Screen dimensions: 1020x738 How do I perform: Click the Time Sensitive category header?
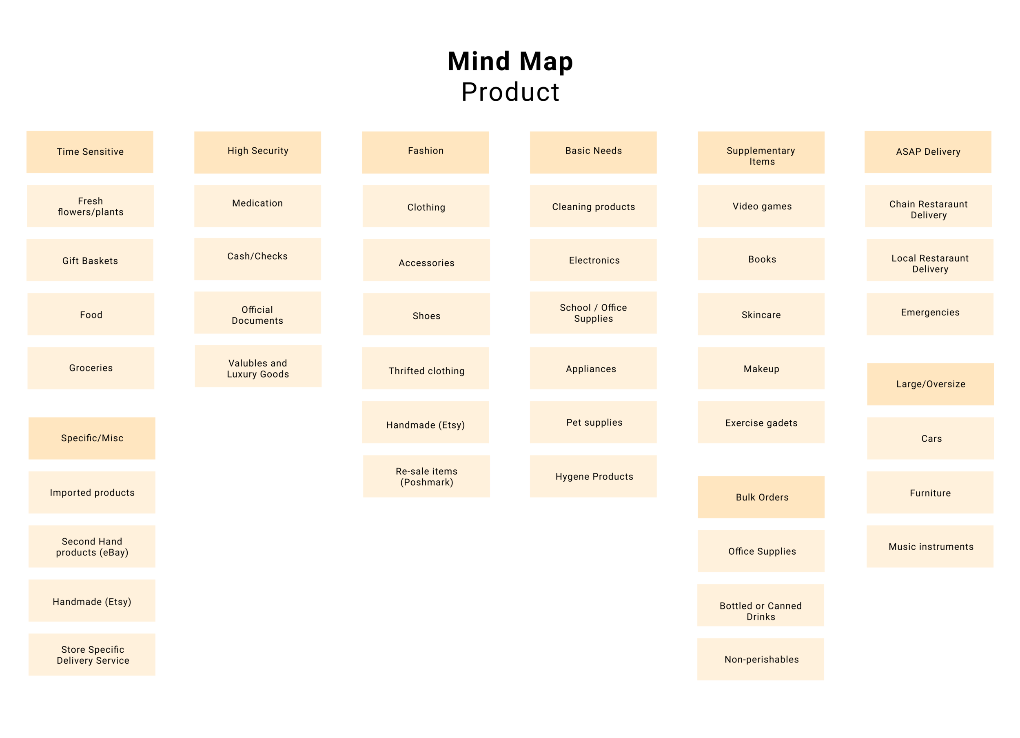[x=89, y=152]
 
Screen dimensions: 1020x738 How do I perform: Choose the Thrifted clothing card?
[x=426, y=368]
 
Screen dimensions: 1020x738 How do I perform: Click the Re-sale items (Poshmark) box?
[x=426, y=476]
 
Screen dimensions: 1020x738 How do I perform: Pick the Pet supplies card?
[x=593, y=422]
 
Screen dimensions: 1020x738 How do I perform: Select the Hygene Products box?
[x=593, y=476]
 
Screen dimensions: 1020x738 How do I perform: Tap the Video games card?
[x=761, y=206]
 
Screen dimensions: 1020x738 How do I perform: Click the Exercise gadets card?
[x=761, y=422]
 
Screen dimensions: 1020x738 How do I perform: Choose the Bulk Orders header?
[x=761, y=497]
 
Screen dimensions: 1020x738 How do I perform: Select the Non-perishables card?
[x=761, y=659]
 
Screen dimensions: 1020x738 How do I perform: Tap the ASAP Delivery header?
[x=928, y=152]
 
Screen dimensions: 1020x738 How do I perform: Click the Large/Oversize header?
[x=931, y=384]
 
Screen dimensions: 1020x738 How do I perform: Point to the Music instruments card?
[x=930, y=546]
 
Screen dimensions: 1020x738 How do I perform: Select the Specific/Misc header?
[x=92, y=438]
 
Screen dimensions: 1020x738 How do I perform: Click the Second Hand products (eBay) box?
[x=92, y=546]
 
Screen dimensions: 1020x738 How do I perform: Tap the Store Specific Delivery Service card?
[x=92, y=654]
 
